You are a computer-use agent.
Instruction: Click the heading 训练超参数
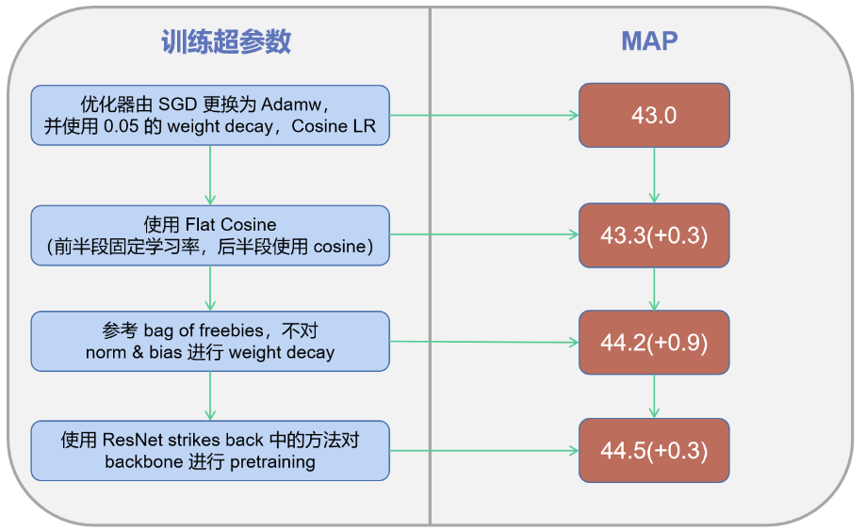click(225, 41)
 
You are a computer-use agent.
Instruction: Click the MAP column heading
click(649, 41)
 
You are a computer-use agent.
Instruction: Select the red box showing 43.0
click(654, 115)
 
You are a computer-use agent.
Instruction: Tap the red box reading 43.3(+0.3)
click(654, 234)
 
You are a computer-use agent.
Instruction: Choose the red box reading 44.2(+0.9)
click(654, 342)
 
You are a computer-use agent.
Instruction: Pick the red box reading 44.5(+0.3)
click(654, 450)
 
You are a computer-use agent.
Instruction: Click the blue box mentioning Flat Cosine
click(210, 235)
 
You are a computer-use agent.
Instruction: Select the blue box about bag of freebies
click(210, 342)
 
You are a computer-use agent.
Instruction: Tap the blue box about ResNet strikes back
click(210, 451)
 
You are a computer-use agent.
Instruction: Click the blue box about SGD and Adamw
click(210, 115)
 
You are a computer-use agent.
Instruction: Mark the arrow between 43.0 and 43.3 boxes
click(654, 175)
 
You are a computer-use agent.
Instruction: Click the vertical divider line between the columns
click(431, 282)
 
